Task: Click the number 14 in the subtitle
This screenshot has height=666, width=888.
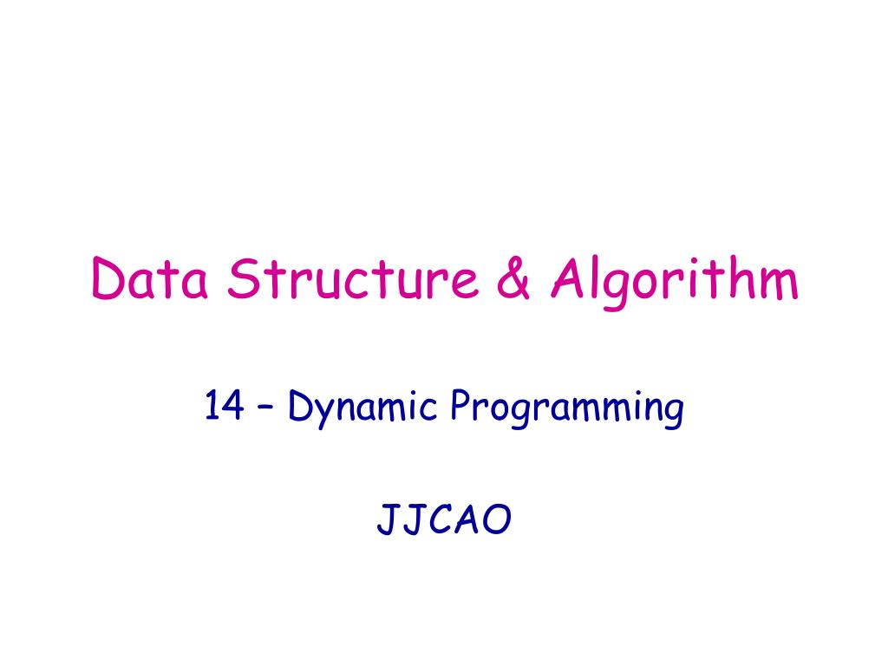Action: (x=223, y=406)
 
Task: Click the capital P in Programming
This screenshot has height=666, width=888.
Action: (x=459, y=406)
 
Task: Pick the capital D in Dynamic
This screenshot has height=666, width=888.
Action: (x=299, y=406)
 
